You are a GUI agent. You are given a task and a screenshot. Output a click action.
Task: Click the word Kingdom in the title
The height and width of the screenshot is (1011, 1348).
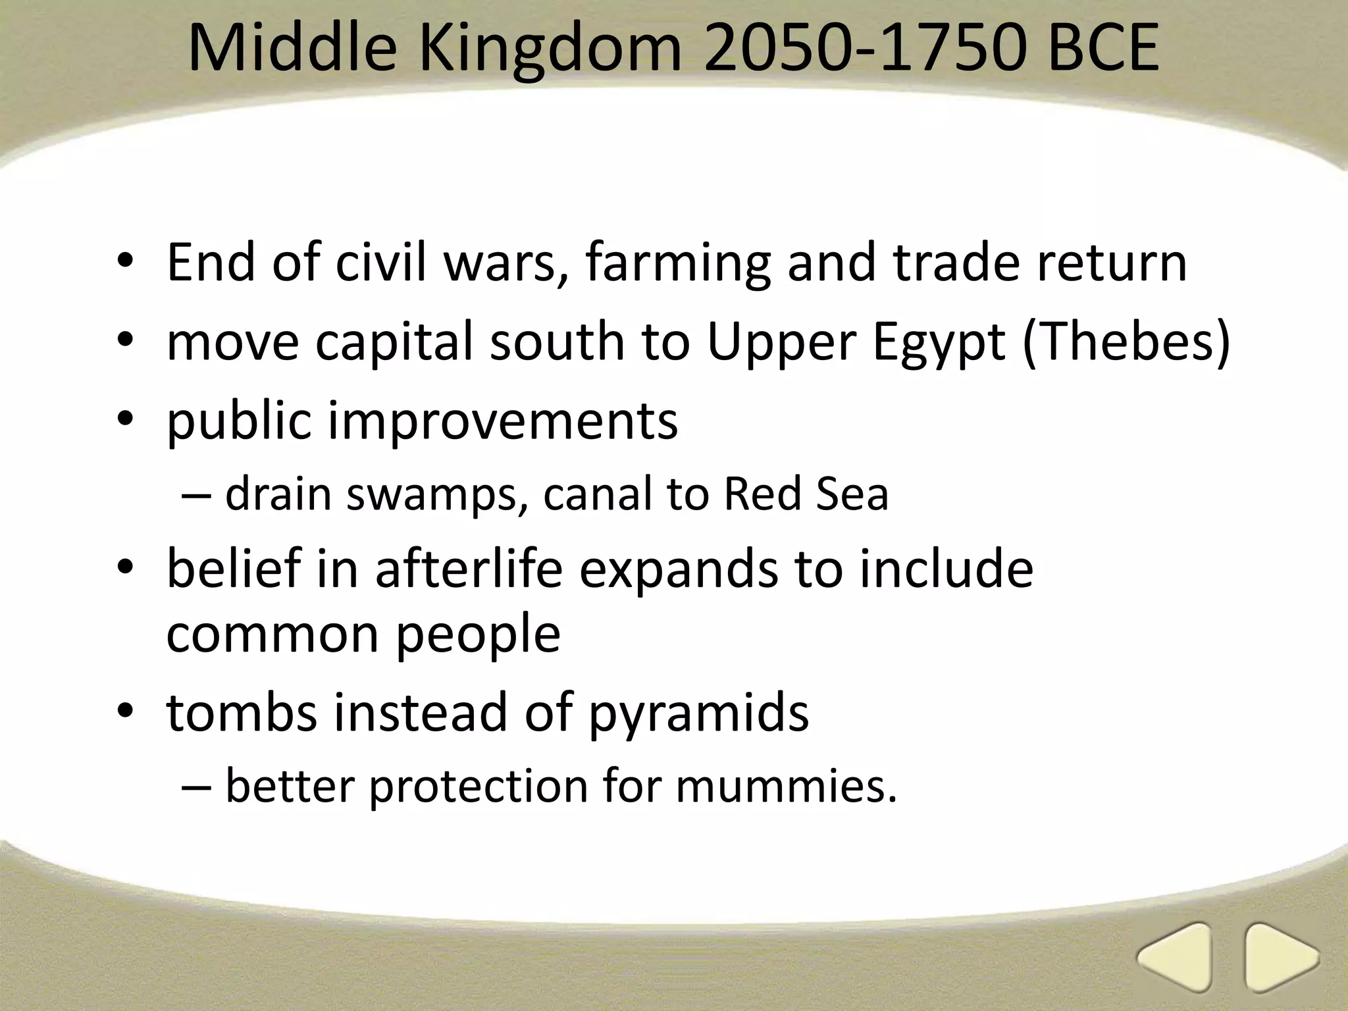(550, 49)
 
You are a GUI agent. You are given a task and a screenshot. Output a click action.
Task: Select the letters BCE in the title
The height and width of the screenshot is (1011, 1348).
(1102, 49)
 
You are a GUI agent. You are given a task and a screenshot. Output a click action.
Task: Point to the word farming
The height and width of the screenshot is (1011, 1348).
(677, 263)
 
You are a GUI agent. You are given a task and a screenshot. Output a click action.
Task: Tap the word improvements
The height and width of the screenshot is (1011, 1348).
(502, 421)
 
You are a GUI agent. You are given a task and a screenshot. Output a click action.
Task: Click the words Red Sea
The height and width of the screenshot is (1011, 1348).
(806, 494)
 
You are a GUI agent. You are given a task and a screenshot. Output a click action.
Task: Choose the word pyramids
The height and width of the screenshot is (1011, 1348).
(698, 713)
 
